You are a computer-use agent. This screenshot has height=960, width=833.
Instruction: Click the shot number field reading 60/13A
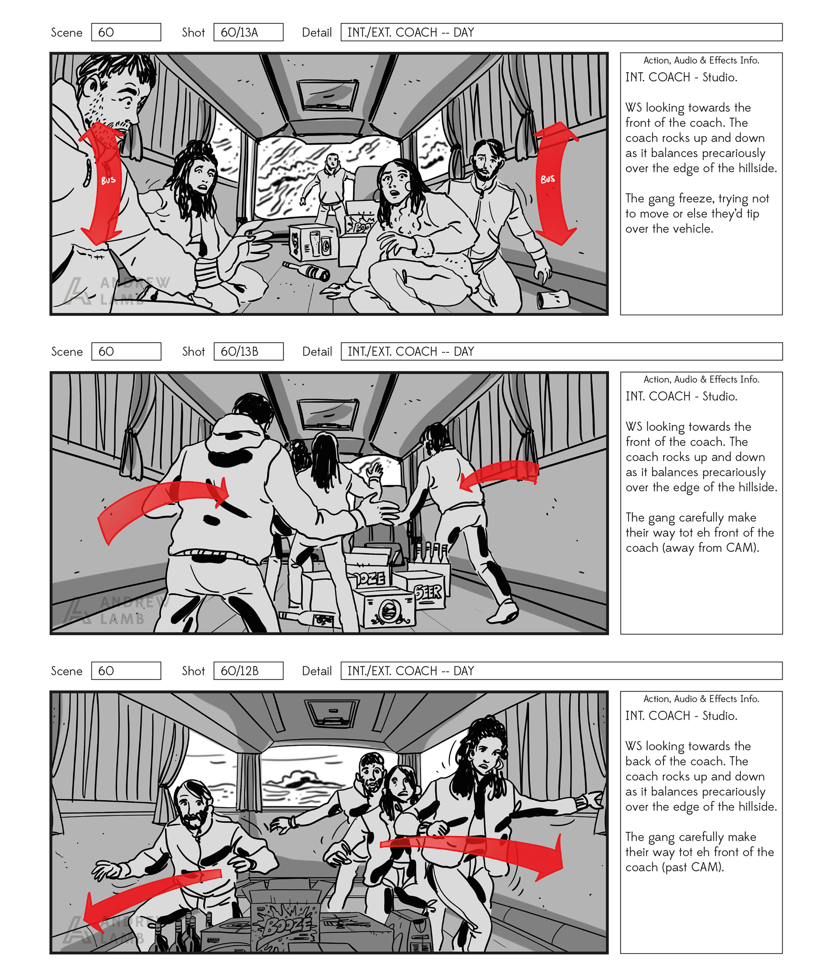(x=248, y=32)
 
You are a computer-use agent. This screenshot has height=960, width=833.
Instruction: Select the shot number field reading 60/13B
(x=248, y=351)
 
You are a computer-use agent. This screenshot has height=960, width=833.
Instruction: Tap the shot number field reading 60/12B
(x=248, y=671)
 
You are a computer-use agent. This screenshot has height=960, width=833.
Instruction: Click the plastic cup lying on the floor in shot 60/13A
(x=553, y=299)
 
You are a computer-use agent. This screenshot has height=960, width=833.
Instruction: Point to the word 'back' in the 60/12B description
(x=638, y=761)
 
